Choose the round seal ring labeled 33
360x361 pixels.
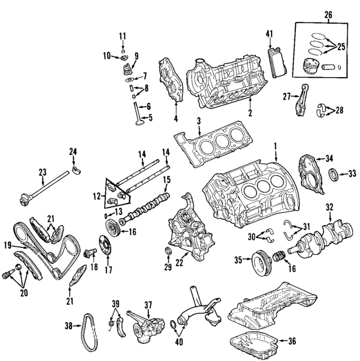tap(334, 173)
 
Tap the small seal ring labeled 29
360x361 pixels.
tap(168, 251)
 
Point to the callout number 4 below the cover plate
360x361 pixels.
tap(175, 119)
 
